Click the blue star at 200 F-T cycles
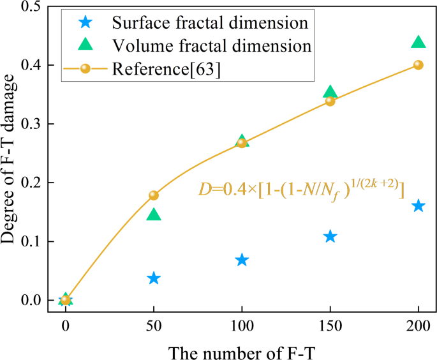tap(418, 206)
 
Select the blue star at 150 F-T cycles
tap(330, 237)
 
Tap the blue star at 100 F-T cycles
tap(242, 260)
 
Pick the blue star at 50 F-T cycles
tap(154, 278)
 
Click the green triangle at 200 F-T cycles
tap(418, 42)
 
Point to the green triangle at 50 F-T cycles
tap(154, 215)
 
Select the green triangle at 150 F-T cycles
tap(330, 93)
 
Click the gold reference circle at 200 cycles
tap(418, 65)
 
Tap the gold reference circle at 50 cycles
tap(154, 195)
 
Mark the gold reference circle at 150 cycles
tap(330, 101)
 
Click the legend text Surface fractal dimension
tap(211, 24)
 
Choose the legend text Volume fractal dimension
tap(211, 46)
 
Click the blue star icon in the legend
tap(85, 24)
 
